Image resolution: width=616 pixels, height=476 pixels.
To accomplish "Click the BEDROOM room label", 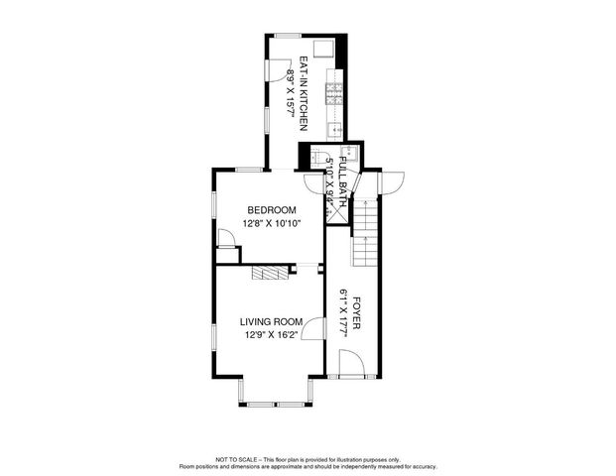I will [x=271, y=209].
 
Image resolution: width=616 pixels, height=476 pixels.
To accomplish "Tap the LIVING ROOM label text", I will [x=270, y=321].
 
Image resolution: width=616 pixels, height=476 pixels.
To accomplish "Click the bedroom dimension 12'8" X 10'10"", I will [x=271, y=223].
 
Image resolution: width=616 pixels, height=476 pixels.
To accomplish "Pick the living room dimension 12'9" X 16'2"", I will [x=270, y=335].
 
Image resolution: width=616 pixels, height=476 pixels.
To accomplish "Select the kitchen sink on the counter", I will [x=336, y=128].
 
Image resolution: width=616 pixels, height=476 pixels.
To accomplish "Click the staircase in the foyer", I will [x=367, y=234].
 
